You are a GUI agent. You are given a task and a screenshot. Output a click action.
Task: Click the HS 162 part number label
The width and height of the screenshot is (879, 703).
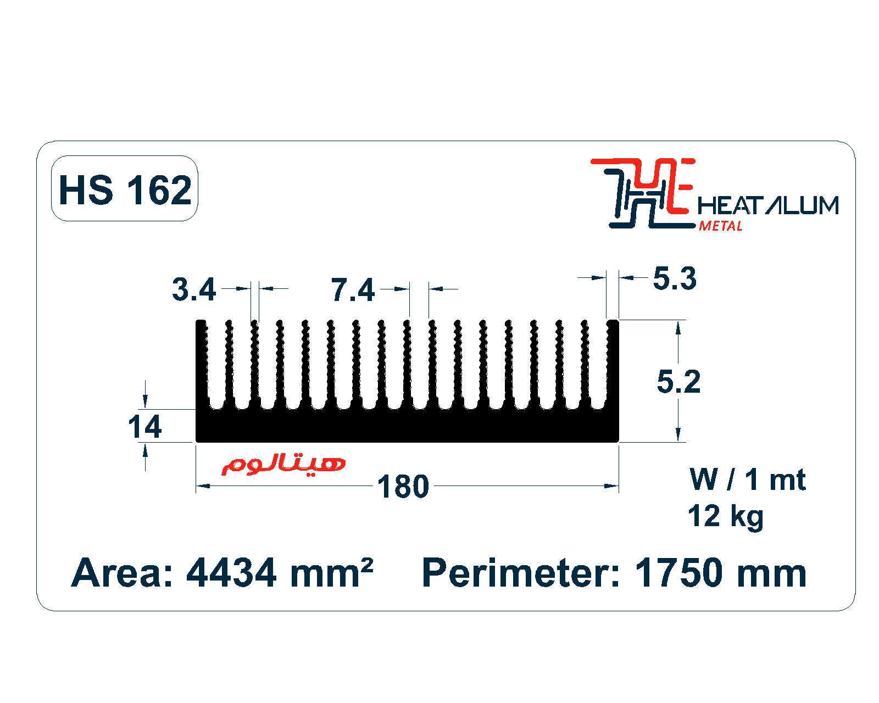pos(125,190)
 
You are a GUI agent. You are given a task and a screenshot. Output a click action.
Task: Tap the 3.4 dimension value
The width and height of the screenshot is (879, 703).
pos(193,289)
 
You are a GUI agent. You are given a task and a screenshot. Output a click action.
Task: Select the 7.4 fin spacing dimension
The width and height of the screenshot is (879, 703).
pos(353,290)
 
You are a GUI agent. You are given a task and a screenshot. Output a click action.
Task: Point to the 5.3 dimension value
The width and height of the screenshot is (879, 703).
pos(675,278)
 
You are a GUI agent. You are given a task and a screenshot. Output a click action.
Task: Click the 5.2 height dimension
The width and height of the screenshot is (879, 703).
pos(678,382)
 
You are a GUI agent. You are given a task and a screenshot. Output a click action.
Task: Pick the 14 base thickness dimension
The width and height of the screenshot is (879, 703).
pos(144,426)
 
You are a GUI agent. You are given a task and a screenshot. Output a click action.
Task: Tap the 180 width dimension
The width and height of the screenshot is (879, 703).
pos(403,487)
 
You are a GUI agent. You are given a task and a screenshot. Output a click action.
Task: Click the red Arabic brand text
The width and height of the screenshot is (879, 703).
pos(283,465)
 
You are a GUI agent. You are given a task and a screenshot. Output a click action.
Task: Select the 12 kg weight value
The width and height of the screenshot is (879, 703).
pos(725,516)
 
